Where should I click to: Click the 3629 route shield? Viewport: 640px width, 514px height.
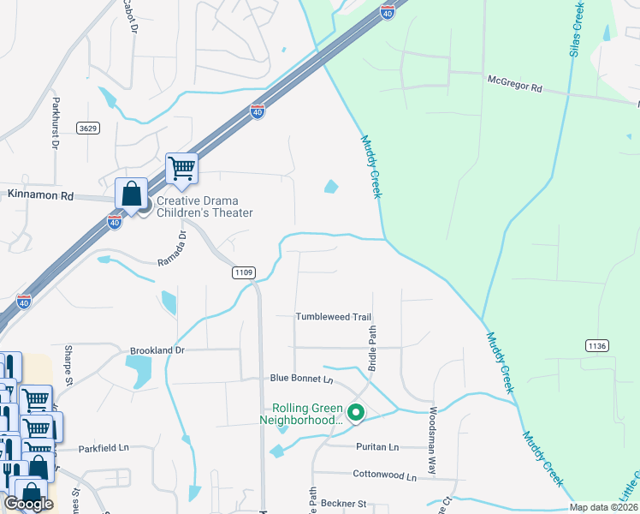86,128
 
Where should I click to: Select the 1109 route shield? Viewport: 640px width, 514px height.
244,272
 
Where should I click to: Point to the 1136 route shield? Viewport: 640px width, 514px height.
597,345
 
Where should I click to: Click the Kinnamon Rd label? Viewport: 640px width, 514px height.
40,196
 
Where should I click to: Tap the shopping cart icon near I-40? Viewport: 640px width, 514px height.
182,168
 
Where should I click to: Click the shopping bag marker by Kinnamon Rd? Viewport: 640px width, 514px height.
131,194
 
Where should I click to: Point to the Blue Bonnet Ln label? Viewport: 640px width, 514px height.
300,378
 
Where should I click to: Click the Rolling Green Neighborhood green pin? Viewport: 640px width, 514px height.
357,414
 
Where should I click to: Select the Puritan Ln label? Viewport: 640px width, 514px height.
376,447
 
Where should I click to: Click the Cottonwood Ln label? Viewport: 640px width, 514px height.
383,475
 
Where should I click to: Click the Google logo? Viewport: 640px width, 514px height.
29,503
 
